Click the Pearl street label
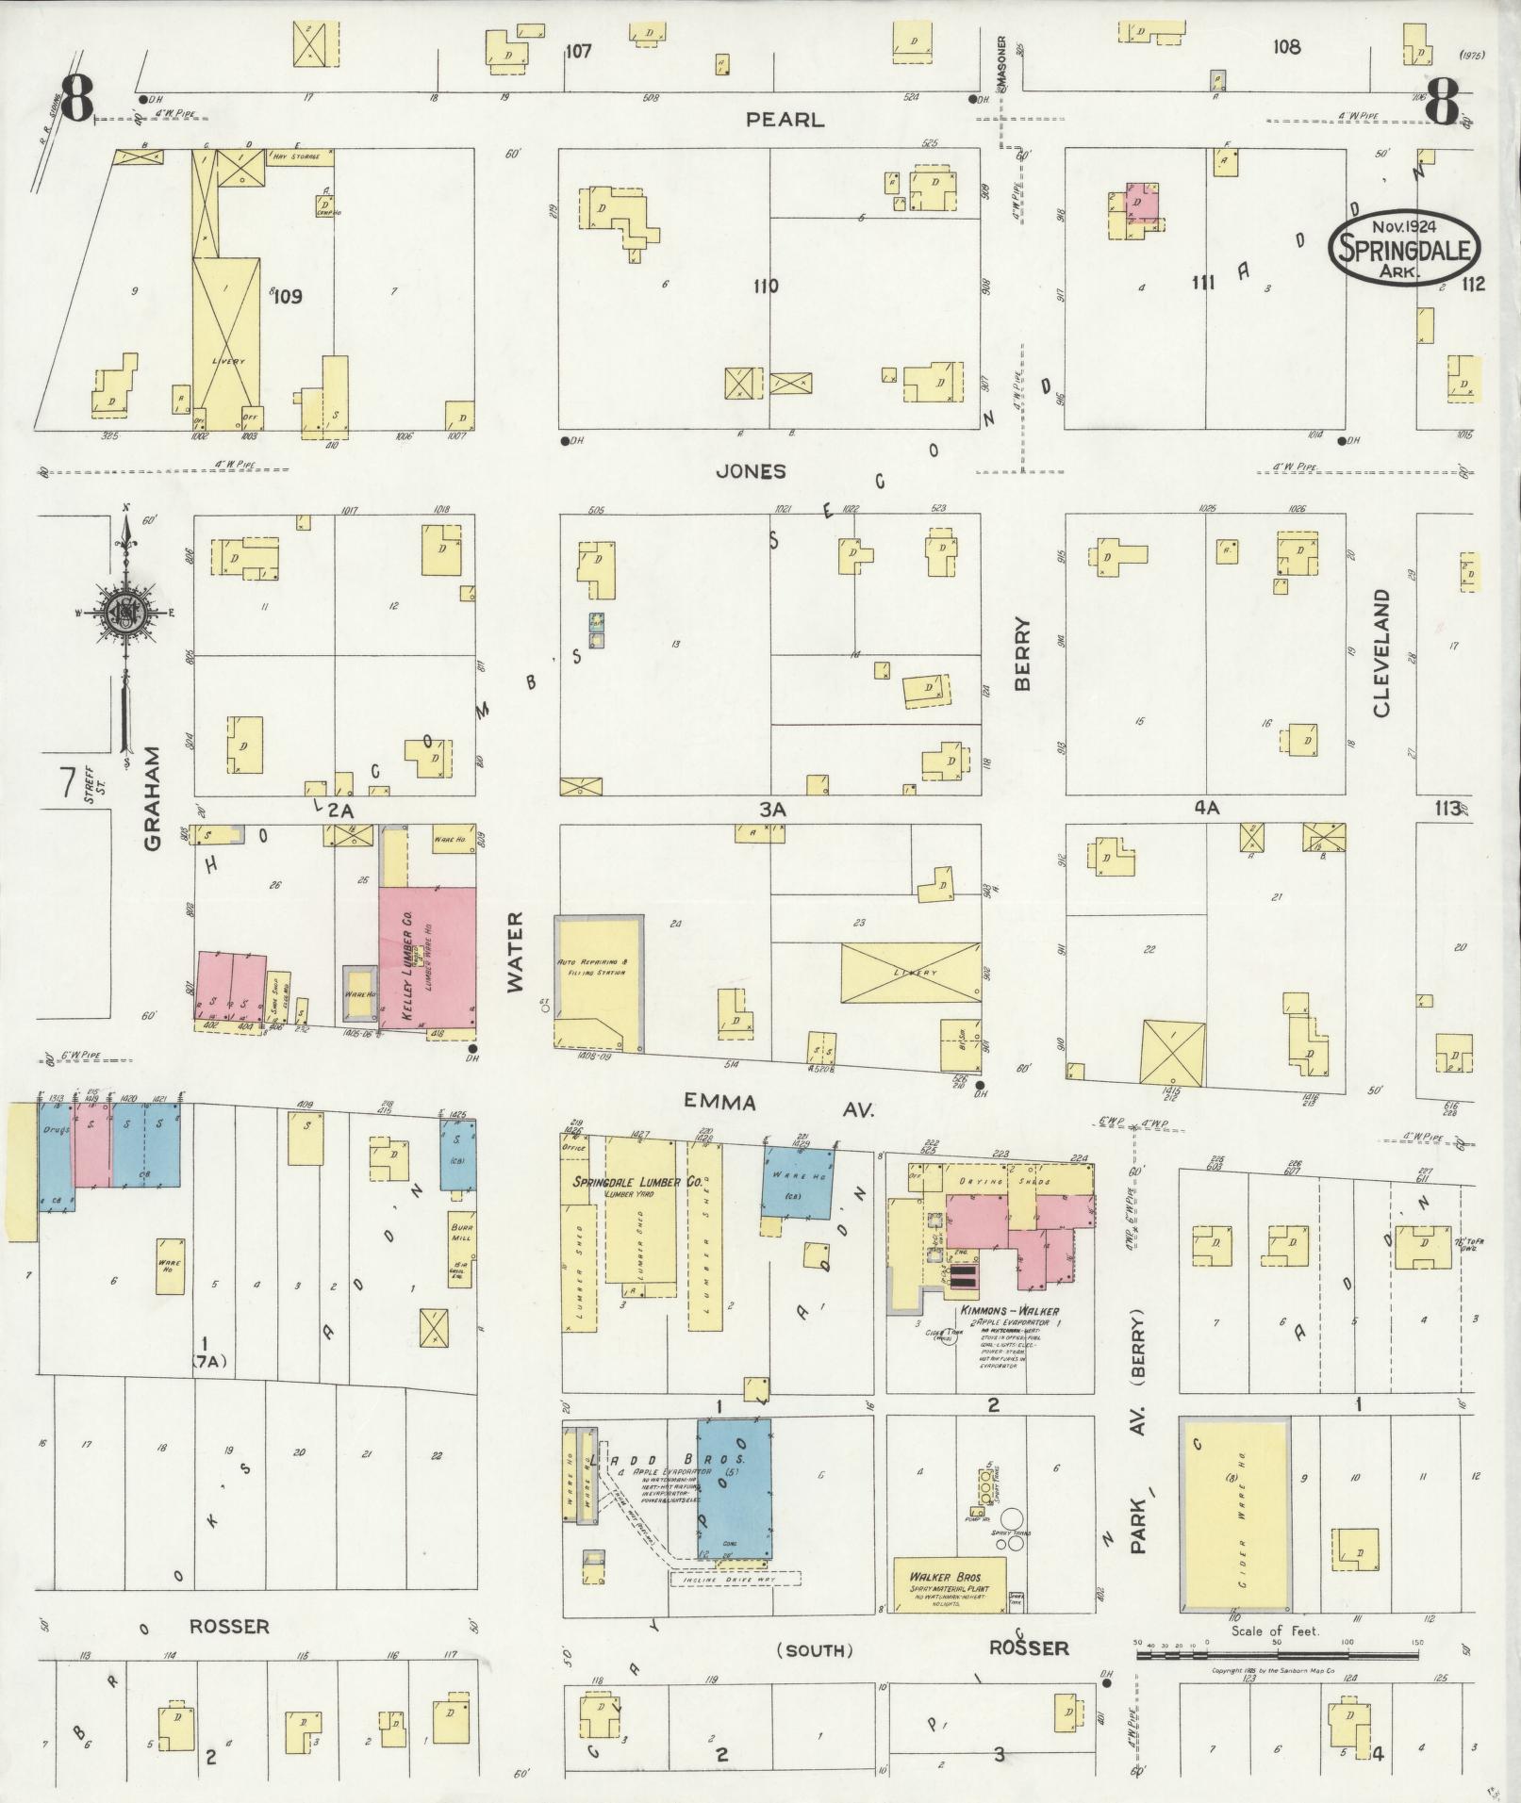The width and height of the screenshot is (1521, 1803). [x=785, y=120]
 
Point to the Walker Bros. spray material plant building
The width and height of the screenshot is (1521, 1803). [x=950, y=1583]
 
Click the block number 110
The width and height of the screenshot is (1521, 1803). [x=766, y=285]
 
